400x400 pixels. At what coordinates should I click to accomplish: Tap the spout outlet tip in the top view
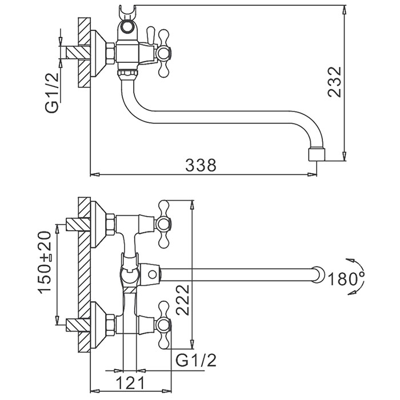316,154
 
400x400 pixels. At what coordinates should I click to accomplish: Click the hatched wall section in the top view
85,51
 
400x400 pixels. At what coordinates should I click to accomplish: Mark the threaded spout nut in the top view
127,73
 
